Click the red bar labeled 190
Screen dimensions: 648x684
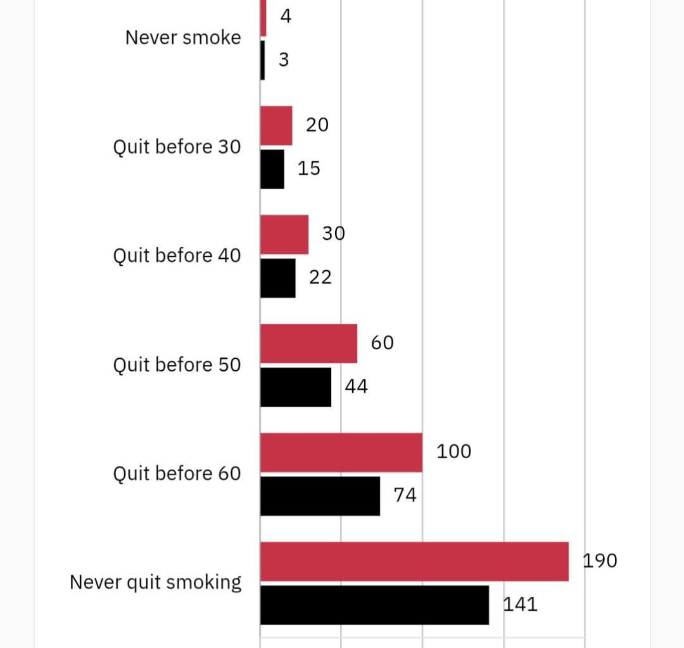(414, 561)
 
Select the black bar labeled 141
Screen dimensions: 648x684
(374, 605)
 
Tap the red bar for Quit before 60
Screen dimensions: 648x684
(341, 452)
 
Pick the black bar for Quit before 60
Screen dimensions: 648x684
(320, 496)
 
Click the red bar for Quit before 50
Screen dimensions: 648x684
(308, 344)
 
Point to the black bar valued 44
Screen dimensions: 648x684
(296, 387)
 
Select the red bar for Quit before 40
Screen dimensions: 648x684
(284, 235)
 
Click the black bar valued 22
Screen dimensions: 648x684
(278, 278)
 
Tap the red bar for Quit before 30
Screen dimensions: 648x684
(276, 126)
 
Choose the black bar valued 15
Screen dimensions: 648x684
(272, 169)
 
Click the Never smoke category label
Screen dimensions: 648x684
(183, 37)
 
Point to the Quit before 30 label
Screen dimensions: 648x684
(177, 147)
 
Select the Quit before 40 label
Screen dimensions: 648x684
(177, 256)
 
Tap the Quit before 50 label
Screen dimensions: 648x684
(177, 365)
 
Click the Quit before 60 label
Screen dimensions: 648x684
(177, 474)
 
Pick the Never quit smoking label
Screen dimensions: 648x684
(156, 582)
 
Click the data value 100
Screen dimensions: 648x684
(453, 452)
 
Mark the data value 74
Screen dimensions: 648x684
(405, 495)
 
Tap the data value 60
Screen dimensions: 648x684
(382, 343)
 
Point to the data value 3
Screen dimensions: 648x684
(284, 60)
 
